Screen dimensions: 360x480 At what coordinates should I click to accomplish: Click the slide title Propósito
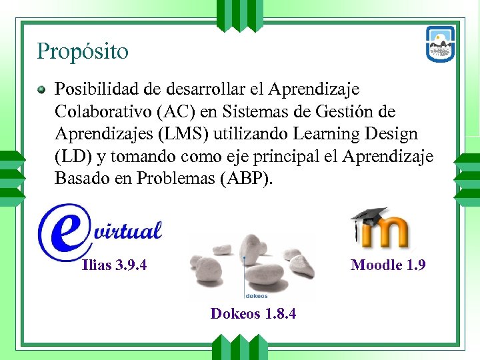[83, 51]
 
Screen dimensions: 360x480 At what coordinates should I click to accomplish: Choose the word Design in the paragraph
[392, 133]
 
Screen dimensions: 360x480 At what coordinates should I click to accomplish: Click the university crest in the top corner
[441, 44]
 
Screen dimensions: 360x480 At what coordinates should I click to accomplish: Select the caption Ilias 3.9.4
[114, 265]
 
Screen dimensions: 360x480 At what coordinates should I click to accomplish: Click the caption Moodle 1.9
[388, 265]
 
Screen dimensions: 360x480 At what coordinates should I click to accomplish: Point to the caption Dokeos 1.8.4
[253, 313]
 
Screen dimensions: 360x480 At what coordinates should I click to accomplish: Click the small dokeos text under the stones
[257, 293]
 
